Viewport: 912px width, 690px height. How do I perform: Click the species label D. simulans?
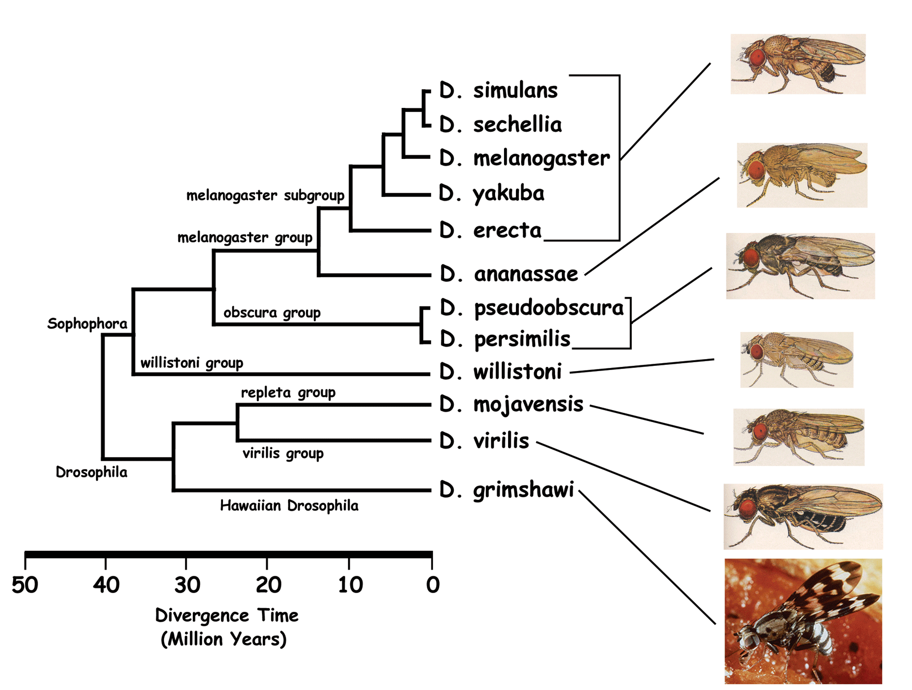point(498,90)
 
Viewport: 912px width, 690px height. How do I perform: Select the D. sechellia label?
point(500,124)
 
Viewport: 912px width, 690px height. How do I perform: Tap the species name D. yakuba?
point(491,193)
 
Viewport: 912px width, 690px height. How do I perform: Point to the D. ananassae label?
point(509,273)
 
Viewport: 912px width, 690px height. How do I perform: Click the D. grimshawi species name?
point(507,490)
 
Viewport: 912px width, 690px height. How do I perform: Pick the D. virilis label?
point(484,441)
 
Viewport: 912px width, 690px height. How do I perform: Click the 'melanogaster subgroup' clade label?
point(265,195)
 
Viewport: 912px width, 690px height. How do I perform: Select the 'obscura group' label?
point(272,313)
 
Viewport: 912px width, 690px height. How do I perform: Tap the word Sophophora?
point(87,324)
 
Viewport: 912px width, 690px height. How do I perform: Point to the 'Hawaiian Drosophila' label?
point(289,506)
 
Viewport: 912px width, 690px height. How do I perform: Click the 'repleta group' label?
point(288,392)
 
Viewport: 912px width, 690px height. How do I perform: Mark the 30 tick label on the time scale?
point(187,585)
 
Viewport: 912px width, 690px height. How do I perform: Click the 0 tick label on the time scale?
point(433,585)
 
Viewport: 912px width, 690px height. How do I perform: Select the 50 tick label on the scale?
point(24,585)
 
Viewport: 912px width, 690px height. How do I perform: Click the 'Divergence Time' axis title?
point(227,615)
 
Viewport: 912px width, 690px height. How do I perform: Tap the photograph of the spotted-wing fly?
point(803,621)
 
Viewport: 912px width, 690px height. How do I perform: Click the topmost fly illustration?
point(798,64)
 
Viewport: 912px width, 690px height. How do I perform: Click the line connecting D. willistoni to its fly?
point(642,366)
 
